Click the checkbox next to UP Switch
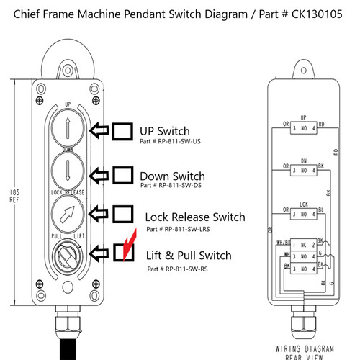[123, 131]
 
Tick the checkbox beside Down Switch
[123, 175]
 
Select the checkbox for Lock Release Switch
[123, 215]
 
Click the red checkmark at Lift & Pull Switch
[127, 248]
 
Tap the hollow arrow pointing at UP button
[99, 131]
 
